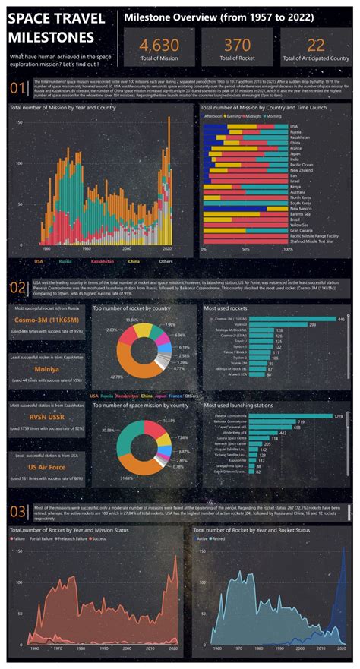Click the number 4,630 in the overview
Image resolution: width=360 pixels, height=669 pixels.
pos(159,44)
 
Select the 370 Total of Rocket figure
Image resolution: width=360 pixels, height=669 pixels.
pos(236,44)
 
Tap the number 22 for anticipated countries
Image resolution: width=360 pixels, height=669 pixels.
pos(315,44)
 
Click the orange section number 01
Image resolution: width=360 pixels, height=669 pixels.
pos(17,90)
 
